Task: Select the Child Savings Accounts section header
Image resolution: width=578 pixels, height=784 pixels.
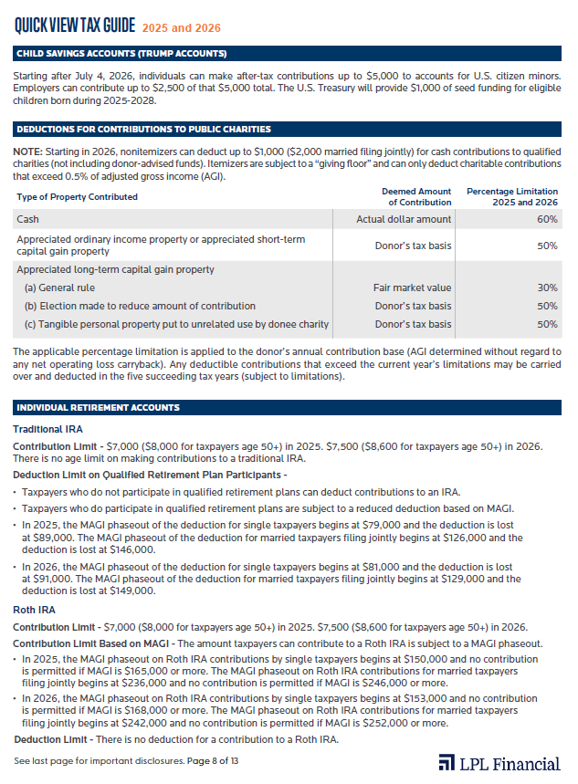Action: click(x=121, y=54)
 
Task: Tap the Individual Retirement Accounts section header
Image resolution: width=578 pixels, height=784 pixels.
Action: click(x=98, y=407)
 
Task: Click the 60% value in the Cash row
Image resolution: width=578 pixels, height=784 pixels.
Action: click(x=548, y=219)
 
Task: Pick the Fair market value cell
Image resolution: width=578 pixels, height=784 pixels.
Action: click(x=412, y=287)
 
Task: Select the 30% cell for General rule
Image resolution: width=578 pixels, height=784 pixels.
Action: click(x=548, y=287)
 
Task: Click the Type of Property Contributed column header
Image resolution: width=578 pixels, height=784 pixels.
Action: click(x=77, y=196)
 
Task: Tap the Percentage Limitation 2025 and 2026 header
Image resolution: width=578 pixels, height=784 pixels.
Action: click(x=511, y=196)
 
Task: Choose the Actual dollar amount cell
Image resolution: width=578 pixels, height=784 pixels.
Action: click(x=404, y=219)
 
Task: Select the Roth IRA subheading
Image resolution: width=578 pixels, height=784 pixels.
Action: click(x=36, y=611)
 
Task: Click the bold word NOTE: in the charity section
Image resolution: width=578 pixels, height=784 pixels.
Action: click(x=28, y=150)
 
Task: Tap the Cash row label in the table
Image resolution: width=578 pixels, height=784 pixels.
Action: click(x=27, y=219)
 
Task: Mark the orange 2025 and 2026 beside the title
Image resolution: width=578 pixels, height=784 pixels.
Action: click(x=180, y=26)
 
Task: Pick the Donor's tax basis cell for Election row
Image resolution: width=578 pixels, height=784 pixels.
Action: click(x=413, y=306)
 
